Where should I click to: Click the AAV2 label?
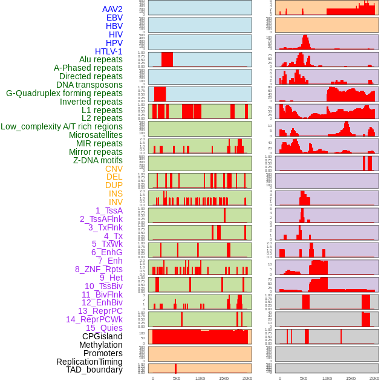[x=112, y=9]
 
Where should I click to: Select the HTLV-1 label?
[x=109, y=51]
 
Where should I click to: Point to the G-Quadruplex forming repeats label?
[x=64, y=93]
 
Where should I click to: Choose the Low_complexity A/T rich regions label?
[x=62, y=126]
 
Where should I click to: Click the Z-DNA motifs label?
[x=98, y=160]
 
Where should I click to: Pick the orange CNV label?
[x=114, y=169]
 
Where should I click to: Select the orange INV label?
[x=116, y=202]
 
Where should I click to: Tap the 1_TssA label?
[x=109, y=210]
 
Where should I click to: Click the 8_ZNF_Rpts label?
[x=99, y=269]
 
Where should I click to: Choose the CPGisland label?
[x=102, y=336]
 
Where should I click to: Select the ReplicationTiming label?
[x=90, y=362]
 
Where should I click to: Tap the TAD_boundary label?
[x=94, y=370]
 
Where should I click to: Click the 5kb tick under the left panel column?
[x=176, y=378]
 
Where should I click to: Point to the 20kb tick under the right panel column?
[x=374, y=378]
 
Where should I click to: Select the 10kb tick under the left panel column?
[x=200, y=378]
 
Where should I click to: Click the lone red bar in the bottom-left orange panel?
[x=175, y=368]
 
